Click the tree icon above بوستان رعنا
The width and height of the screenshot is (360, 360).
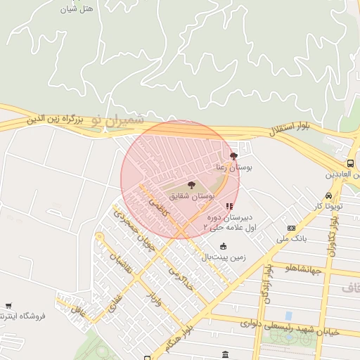pyautogui.click(x=233, y=156)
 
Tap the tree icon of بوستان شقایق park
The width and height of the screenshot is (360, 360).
pyautogui.click(x=191, y=185)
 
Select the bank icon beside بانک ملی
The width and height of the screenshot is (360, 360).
pyautogui.click(x=291, y=228)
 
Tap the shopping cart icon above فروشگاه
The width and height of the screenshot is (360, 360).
pyautogui.click(x=8, y=306)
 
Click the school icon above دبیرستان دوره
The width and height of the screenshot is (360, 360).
pyautogui.click(x=229, y=207)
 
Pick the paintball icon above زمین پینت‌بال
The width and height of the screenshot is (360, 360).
pyautogui.click(x=224, y=246)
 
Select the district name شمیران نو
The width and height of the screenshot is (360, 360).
pyautogui.click(x=116, y=120)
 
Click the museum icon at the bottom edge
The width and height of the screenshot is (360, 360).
pyautogui.click(x=225, y=355)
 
